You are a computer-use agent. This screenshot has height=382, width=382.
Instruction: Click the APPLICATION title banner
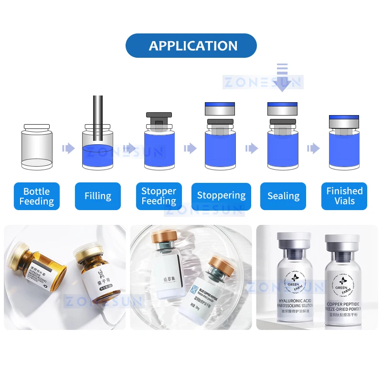[191, 46]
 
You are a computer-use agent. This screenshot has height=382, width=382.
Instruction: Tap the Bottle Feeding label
[37, 196]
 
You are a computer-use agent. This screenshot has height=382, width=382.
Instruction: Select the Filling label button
[98, 196]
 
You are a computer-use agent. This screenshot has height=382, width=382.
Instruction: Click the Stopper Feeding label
[159, 196]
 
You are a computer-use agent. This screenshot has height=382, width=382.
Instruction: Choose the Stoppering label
[221, 196]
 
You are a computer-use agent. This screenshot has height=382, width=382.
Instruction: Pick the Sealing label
[283, 196]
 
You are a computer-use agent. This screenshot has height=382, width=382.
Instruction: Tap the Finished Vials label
[344, 196]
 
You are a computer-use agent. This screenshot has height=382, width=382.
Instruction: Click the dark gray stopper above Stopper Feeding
[159, 117]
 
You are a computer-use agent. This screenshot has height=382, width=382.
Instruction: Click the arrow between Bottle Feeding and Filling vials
[68, 149]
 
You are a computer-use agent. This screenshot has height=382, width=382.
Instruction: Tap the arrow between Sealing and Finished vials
[313, 149]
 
